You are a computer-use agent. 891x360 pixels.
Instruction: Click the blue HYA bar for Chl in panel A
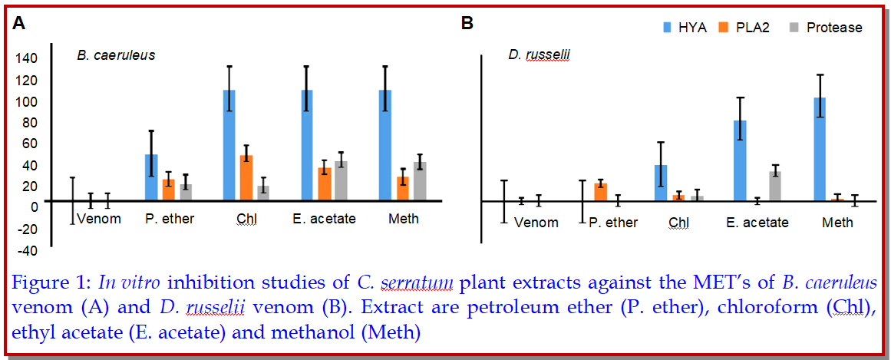click(229, 145)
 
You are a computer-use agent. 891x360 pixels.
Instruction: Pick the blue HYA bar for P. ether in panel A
click(151, 177)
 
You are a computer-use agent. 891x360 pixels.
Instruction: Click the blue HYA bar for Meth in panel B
click(820, 149)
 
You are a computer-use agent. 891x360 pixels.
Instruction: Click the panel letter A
click(18, 23)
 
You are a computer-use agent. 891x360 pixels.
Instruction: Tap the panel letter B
click(467, 23)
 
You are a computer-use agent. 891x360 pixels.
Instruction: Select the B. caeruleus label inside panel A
click(116, 55)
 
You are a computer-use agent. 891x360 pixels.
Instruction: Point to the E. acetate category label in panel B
click(757, 223)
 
